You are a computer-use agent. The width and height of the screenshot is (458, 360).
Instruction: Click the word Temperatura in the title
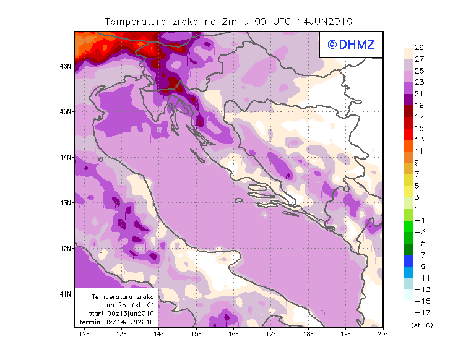coord(131,21)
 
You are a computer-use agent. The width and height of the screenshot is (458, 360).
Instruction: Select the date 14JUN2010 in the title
coord(324,21)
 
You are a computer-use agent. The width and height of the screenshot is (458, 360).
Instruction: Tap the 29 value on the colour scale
coord(418,48)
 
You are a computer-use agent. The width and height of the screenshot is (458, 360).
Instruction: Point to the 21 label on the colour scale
coord(418,94)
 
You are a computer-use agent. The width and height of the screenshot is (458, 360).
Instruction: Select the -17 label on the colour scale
coord(418,312)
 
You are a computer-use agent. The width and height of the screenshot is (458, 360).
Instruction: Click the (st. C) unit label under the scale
coord(421,325)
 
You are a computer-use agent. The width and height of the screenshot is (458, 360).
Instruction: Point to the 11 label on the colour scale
coord(418,152)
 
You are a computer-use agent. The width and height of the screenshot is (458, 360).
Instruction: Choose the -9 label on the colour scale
coord(418,267)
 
